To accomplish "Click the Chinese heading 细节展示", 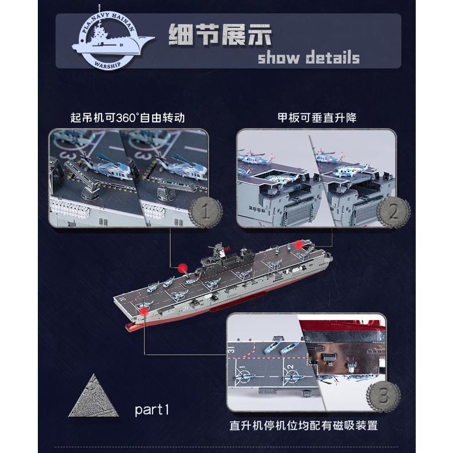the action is pos(220,34).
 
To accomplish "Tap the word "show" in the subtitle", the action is pos(279,57).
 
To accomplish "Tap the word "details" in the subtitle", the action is pos(333,57).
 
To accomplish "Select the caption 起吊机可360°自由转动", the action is pos(127,118).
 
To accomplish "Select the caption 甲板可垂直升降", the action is pos(317,118).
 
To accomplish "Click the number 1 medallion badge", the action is pos(206,212).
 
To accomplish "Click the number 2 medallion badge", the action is pos(393,212).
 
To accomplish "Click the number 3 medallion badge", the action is pos(384,396).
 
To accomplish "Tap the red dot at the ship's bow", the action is pos(143,311).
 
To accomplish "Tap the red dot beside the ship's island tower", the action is pos(182,268).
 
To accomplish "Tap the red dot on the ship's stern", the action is pos(299,245).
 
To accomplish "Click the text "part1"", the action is pos(152,409).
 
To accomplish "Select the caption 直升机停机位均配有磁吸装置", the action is pos(304,425).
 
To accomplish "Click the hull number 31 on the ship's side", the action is pos(185,308).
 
